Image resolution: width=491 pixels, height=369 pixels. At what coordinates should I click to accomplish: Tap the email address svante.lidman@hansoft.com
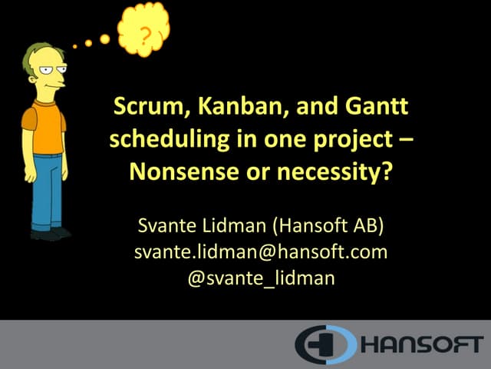coord(260,251)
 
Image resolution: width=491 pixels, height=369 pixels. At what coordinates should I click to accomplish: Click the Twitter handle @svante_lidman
coord(261,277)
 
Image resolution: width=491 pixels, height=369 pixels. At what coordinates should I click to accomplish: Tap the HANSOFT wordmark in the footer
coord(421,344)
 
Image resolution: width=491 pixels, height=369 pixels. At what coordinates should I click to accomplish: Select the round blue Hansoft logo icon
coord(325,344)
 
